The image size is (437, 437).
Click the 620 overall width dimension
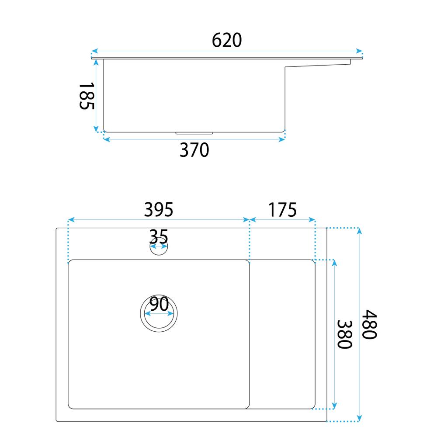[x=227, y=40]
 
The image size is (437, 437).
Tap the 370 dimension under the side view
[x=194, y=150]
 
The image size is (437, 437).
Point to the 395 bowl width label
[x=159, y=210]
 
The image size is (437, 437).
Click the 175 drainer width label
[x=282, y=210]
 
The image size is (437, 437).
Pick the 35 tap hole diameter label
[x=159, y=237]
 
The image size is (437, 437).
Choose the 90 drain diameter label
[x=159, y=304]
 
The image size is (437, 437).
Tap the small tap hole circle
[x=159, y=250]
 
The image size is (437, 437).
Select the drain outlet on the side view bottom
[x=194, y=132]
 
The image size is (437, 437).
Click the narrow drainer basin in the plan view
[x=282, y=334]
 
